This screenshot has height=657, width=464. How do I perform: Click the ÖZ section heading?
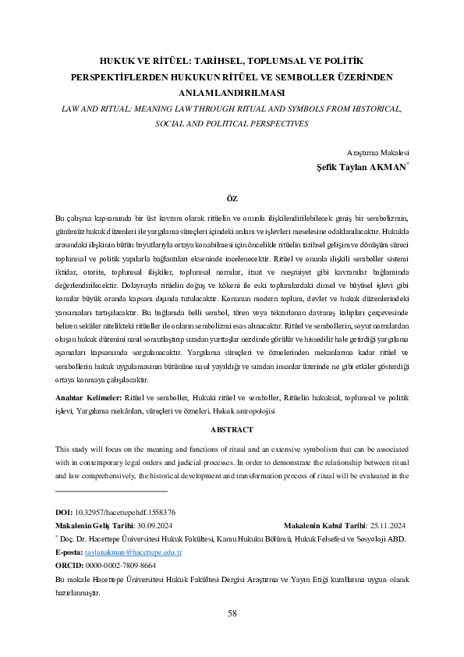(x=232, y=199)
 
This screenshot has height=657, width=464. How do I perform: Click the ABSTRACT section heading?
(x=232, y=429)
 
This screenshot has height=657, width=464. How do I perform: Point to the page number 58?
(x=232, y=613)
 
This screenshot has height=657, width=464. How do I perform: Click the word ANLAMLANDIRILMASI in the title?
(x=232, y=93)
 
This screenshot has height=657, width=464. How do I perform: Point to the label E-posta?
(x=69, y=552)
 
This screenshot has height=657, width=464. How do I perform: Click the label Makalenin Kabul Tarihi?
(x=321, y=525)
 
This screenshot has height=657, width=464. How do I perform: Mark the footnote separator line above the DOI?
(x=112, y=492)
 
